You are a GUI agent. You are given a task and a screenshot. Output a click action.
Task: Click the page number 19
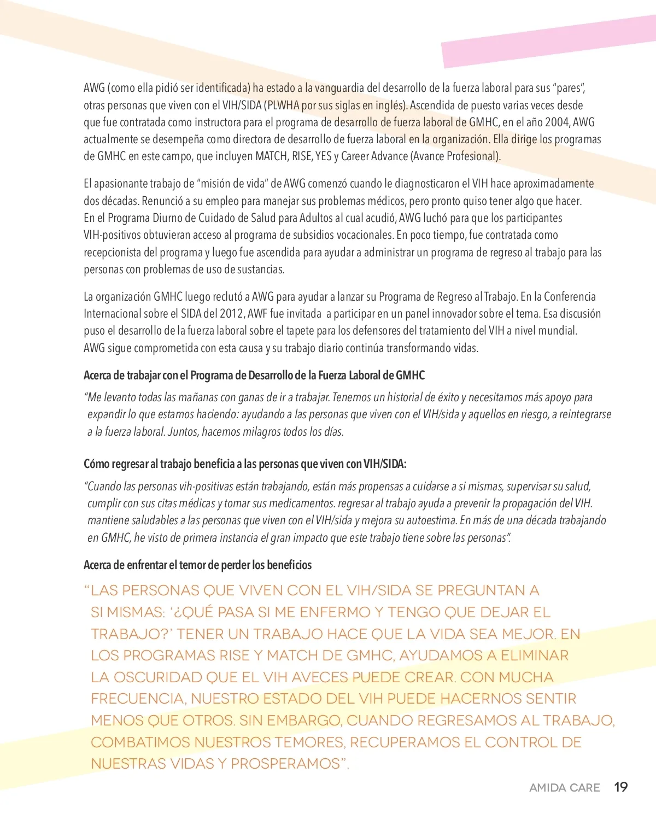point(620,787)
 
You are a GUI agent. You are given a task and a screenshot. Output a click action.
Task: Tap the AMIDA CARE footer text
point(564,788)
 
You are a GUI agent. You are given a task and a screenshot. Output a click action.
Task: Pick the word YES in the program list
point(323,156)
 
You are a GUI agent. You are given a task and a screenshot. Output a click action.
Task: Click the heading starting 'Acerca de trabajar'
point(254,376)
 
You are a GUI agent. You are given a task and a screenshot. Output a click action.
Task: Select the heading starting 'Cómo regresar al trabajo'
point(244,464)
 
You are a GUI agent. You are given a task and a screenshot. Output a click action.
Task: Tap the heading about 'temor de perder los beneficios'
point(197,565)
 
